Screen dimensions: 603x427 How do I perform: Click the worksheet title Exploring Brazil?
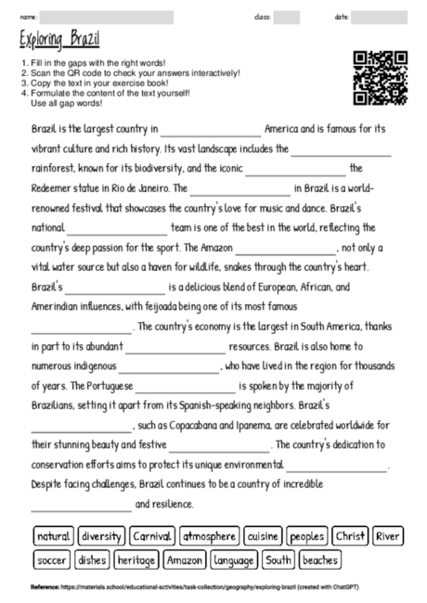click(x=59, y=39)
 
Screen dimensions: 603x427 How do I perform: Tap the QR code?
click(x=381, y=77)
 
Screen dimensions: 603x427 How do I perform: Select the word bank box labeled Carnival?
click(x=151, y=536)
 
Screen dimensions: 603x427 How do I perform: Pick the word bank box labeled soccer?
click(x=52, y=559)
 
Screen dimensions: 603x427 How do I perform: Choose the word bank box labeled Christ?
click(x=351, y=536)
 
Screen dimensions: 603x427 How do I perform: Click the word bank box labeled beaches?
click(x=320, y=559)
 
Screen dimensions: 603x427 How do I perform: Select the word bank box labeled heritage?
click(x=136, y=559)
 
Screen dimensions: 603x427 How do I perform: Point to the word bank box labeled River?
click(x=389, y=536)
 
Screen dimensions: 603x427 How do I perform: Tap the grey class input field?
click(x=287, y=17)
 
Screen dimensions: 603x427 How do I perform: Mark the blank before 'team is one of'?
click(x=117, y=229)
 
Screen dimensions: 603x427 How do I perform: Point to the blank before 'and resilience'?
click(x=82, y=507)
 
